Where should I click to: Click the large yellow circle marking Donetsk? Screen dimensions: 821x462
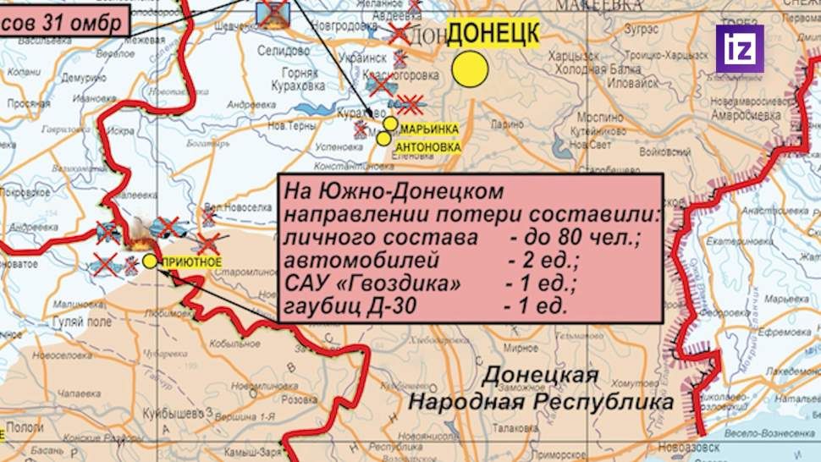tap(470, 69)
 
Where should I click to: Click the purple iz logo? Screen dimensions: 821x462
tap(740, 48)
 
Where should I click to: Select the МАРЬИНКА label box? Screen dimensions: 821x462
tap(429, 129)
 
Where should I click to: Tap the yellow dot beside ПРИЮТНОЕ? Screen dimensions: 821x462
tap(150, 261)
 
